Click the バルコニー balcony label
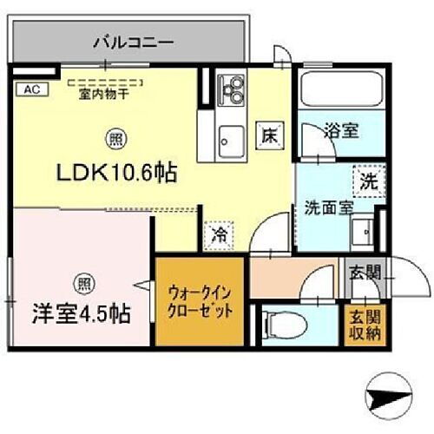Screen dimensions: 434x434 132,41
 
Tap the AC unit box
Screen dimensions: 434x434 29,89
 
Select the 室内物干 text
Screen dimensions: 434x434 103,95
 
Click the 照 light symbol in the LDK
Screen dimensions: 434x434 115,137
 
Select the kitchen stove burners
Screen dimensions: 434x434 233,89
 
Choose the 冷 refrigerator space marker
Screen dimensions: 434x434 220,233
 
